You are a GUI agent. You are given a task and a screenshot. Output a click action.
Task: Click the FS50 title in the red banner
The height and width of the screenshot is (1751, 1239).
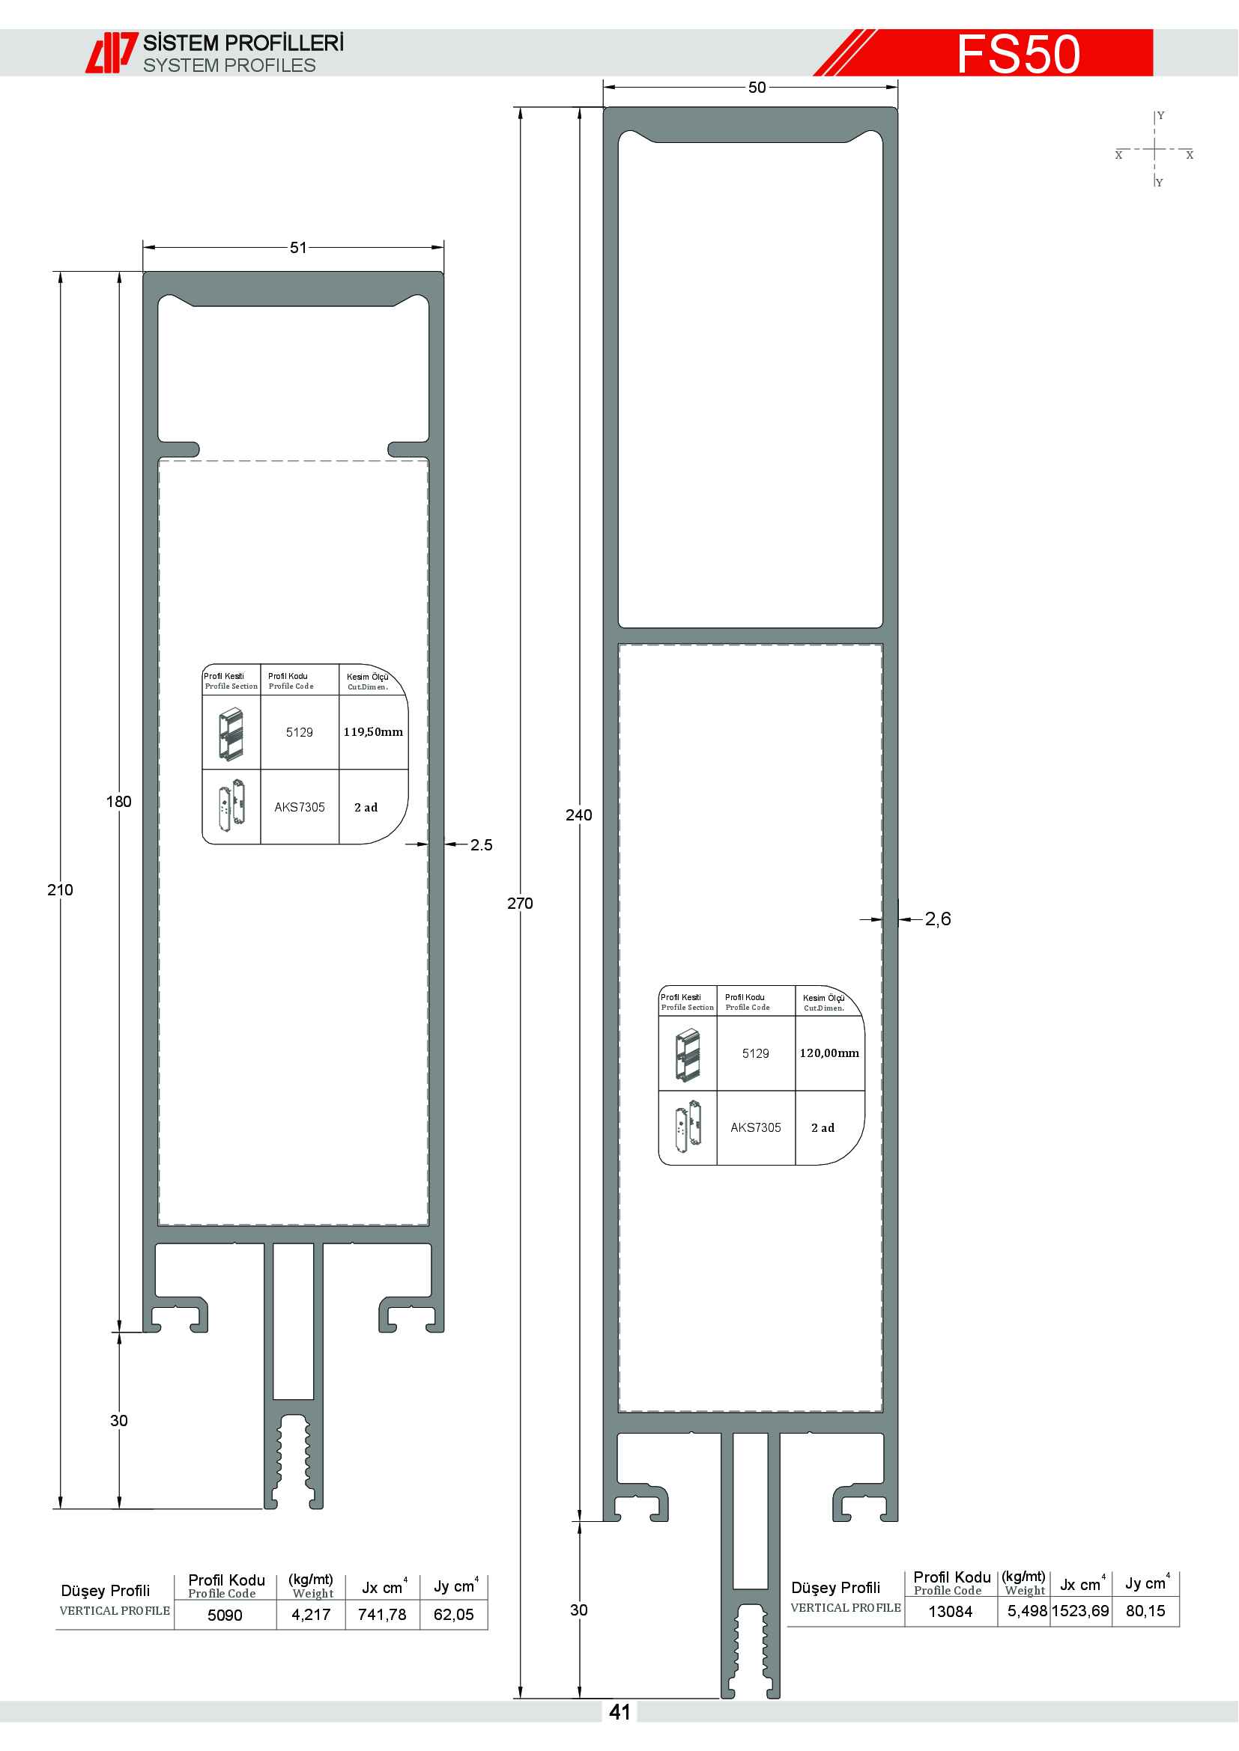click(x=1019, y=54)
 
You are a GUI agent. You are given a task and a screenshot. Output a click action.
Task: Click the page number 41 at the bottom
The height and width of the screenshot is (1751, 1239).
click(x=619, y=1712)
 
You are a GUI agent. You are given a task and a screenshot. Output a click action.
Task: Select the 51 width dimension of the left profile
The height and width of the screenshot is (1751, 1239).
click(x=298, y=248)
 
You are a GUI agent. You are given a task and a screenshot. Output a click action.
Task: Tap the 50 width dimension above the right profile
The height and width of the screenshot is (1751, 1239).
click(x=757, y=88)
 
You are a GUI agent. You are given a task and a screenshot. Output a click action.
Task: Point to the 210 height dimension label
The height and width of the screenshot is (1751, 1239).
click(x=60, y=890)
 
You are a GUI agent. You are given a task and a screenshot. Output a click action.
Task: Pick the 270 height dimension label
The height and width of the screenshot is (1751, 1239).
click(x=521, y=904)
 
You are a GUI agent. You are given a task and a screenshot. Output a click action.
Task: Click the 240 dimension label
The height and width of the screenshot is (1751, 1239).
click(x=579, y=815)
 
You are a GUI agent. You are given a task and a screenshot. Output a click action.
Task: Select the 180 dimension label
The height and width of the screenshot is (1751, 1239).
click(x=119, y=802)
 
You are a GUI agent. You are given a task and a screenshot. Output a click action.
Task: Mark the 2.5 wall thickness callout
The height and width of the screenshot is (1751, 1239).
click(x=482, y=845)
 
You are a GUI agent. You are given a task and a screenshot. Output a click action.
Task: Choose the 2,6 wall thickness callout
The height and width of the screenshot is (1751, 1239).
click(x=938, y=919)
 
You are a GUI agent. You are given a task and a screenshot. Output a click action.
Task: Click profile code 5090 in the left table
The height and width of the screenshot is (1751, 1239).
click(x=225, y=1616)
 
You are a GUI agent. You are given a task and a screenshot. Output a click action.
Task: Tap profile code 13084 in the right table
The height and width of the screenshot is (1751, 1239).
click(x=951, y=1612)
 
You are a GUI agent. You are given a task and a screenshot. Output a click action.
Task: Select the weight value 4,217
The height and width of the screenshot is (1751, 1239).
click(x=312, y=1615)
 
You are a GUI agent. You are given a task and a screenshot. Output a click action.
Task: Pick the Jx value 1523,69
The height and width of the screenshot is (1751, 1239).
click(x=1080, y=1611)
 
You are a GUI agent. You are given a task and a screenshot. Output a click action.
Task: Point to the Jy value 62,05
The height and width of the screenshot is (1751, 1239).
click(x=454, y=1615)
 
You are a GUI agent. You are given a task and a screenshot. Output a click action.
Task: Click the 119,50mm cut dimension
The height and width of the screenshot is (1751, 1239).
click(x=373, y=732)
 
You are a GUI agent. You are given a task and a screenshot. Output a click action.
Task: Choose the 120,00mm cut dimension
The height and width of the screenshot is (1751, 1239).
click(x=829, y=1053)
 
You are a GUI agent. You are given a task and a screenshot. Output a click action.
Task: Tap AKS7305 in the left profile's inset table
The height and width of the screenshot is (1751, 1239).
click(x=300, y=808)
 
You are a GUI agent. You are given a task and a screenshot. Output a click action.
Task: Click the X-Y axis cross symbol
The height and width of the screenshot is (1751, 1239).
click(x=1155, y=150)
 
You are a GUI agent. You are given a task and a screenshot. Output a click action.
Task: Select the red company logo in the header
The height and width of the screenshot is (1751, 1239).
click(x=112, y=52)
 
